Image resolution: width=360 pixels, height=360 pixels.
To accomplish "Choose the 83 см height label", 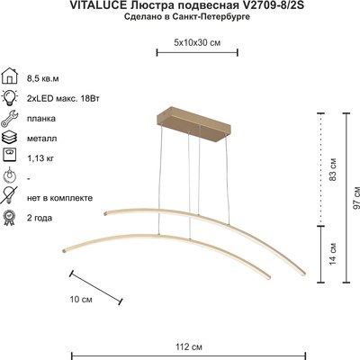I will pos(332,167).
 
